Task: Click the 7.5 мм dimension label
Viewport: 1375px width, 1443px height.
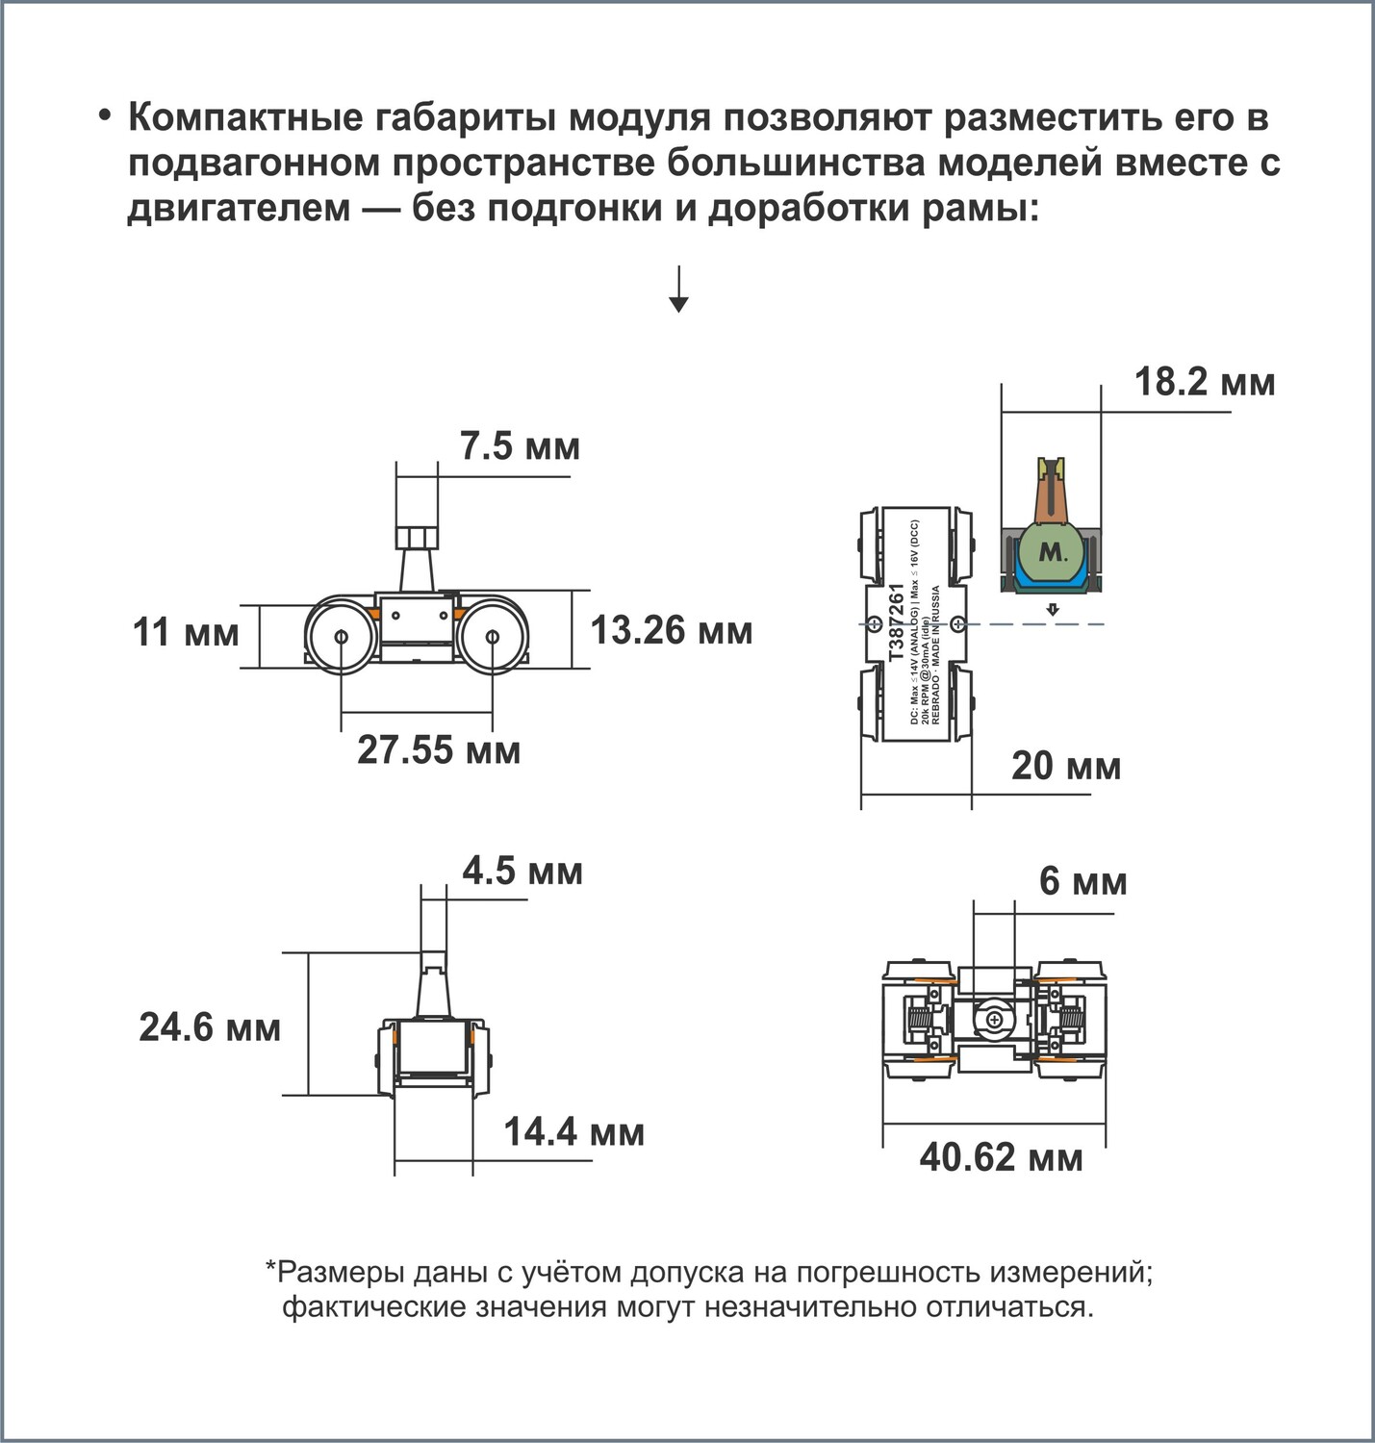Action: (520, 446)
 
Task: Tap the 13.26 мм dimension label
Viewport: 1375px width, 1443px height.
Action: (671, 630)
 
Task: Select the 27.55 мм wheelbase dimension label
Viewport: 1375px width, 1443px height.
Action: (438, 750)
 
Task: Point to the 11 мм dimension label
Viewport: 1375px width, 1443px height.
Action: (185, 632)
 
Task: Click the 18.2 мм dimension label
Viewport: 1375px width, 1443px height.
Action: (1205, 382)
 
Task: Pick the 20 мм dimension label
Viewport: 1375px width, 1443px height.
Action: (1066, 767)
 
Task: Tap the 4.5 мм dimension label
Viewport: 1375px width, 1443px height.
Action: (522, 872)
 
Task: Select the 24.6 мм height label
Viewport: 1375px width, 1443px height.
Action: (209, 1027)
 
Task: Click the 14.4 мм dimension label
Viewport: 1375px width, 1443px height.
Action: (573, 1132)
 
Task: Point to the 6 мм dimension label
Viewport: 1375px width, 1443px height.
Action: (1082, 881)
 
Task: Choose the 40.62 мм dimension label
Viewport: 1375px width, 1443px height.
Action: (1001, 1157)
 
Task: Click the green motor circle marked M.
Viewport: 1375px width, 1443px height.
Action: (1052, 551)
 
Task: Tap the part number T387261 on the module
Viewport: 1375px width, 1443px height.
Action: (897, 623)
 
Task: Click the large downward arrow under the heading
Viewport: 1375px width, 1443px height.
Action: (679, 290)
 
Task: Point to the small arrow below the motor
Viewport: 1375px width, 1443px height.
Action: (1053, 610)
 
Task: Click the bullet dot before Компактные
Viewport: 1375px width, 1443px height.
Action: (106, 117)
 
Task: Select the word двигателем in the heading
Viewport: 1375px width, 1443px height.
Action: (240, 209)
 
